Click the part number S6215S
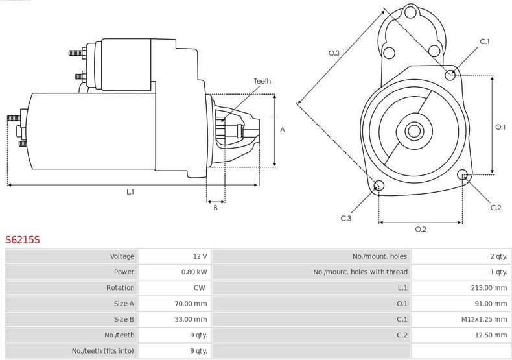coord(23,239)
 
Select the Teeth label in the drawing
coord(262,81)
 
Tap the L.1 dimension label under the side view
coord(130,192)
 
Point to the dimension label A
coord(283,130)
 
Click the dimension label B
coord(215,207)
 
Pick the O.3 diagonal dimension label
coord(334,53)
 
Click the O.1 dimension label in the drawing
coord(500,127)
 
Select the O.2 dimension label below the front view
coord(420,229)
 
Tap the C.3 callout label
coord(345,219)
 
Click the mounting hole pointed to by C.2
coord(462,174)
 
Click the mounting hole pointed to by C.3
coord(379,187)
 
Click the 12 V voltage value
coord(200,256)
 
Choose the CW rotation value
coord(200,287)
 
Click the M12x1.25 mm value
coord(483,319)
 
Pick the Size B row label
coord(124,319)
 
